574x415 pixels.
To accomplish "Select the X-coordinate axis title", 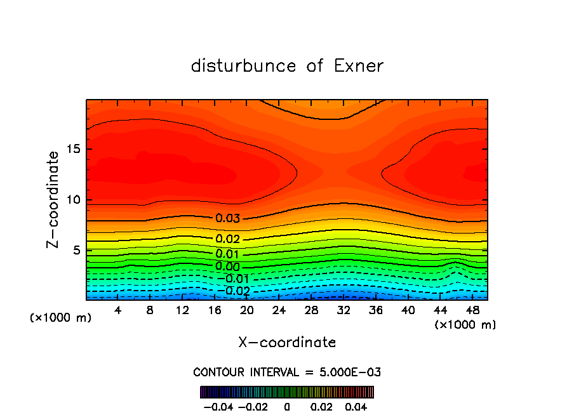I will (287, 343).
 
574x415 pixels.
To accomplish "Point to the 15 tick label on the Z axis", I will (73, 150).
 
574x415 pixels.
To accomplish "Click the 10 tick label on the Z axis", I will (73, 200).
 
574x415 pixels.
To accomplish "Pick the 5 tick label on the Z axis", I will (77, 250).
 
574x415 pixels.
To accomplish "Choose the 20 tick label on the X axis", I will (247, 310).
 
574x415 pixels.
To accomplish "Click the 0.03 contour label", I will (227, 218).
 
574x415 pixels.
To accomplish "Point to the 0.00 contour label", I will (227, 267).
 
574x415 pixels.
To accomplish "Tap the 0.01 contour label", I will (227, 254).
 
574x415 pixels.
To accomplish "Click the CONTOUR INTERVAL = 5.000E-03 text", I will (287, 372).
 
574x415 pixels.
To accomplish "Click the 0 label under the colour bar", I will (287, 406).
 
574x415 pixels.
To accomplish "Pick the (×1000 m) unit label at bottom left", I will (61, 318).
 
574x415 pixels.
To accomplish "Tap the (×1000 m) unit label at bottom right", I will (465, 325).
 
